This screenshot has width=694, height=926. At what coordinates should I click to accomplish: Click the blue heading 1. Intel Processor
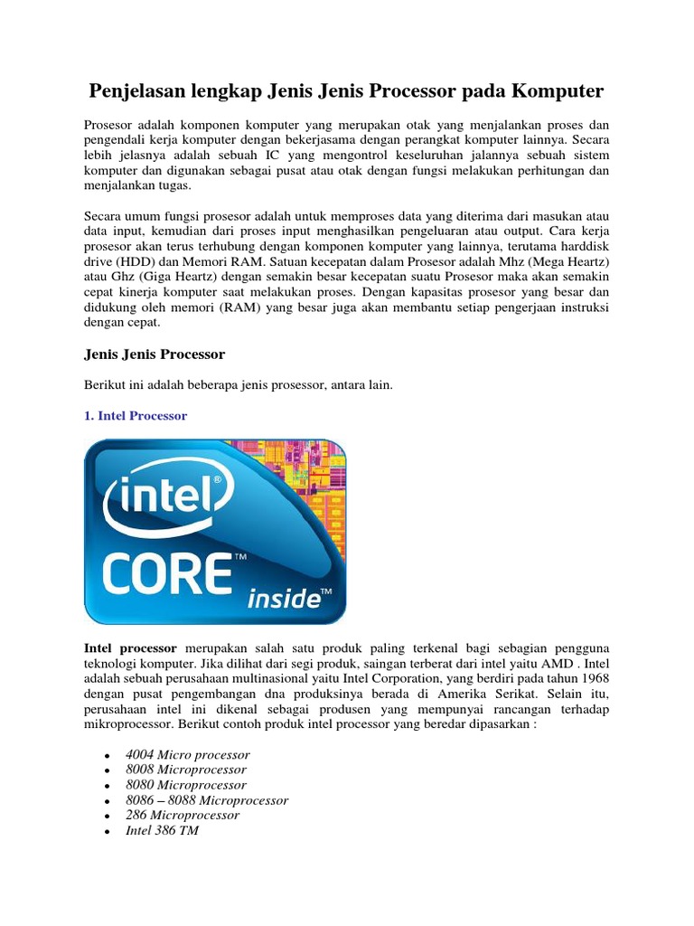click(135, 416)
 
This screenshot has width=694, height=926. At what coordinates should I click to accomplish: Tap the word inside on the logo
click(284, 598)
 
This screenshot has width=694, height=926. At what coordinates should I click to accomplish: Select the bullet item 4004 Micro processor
click(188, 754)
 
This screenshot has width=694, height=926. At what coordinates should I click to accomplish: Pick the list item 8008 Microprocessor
click(186, 770)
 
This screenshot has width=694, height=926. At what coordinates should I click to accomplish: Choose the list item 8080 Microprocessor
click(186, 785)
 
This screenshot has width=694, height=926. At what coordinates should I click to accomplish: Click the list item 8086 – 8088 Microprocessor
click(207, 800)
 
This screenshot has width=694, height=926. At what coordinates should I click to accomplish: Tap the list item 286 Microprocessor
click(183, 815)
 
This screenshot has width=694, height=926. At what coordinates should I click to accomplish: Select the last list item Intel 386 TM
click(163, 830)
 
